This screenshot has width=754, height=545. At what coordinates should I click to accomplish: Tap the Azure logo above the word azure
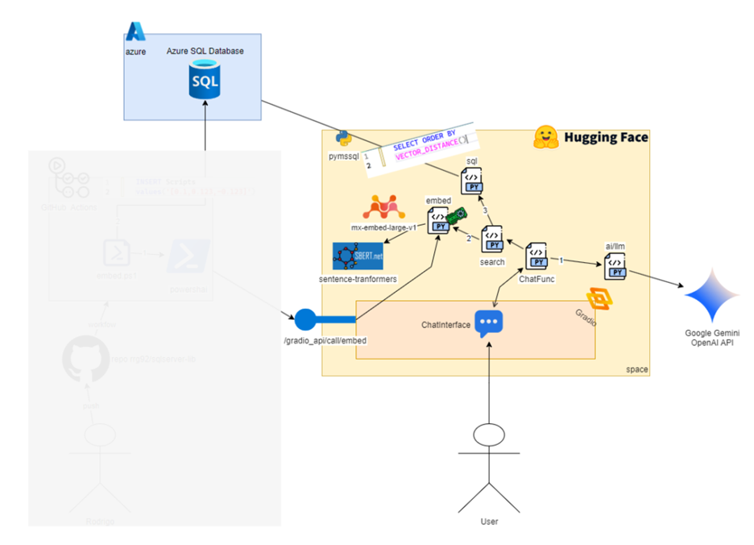[135, 31]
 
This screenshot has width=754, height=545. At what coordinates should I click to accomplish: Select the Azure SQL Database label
[205, 51]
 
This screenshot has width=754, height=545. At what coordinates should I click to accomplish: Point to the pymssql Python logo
[342, 137]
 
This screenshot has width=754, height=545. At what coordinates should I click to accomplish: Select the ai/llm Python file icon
[615, 267]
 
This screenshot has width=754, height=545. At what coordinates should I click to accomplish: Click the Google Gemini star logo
[711, 296]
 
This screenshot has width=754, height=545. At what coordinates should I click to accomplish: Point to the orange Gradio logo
[599, 300]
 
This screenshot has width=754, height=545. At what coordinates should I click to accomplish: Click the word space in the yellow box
[636, 369]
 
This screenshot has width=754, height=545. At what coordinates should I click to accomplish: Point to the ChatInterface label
[445, 324]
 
